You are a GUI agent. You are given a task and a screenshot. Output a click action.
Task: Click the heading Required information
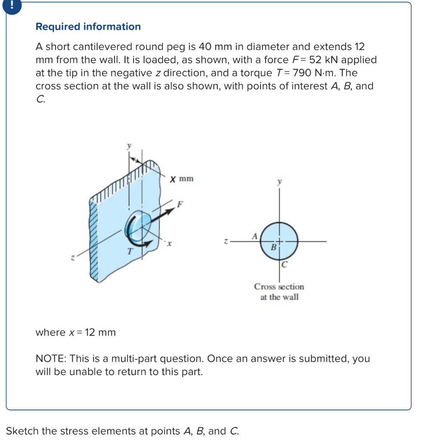(88, 27)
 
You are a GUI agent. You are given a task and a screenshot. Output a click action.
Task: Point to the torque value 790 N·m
(308, 73)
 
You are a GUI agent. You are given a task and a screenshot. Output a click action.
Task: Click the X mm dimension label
(181, 178)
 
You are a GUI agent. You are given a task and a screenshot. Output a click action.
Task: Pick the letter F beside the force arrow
(180, 204)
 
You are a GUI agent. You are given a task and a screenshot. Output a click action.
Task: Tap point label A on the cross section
(254, 236)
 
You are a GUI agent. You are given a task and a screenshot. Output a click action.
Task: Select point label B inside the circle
(273, 248)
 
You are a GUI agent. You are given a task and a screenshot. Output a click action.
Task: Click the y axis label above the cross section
(281, 183)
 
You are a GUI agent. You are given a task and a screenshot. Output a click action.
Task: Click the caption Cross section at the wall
(279, 292)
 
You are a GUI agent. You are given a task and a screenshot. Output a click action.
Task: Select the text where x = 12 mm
(76, 332)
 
